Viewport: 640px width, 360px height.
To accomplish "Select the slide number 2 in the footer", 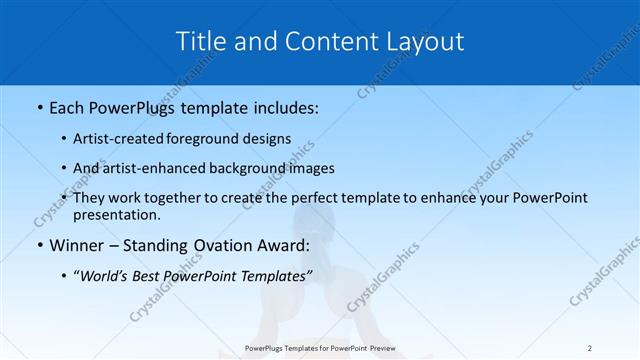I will (590, 348).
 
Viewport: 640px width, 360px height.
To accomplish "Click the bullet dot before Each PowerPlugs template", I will (39, 106).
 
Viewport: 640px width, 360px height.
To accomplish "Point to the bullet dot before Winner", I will (39, 245).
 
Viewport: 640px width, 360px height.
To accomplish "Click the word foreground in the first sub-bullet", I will (213, 139).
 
